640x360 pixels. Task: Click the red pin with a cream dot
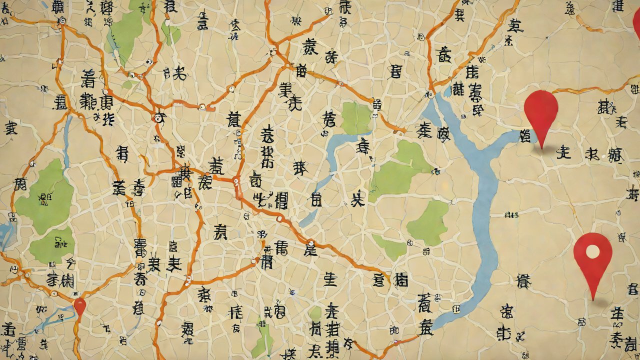click(592, 255)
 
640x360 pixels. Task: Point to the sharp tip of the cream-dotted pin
click(593, 299)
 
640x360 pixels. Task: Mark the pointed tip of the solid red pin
click(541, 148)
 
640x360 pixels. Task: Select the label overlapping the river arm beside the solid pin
click(525, 135)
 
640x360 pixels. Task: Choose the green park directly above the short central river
click(356, 118)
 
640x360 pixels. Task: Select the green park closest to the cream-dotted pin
click(427, 222)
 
